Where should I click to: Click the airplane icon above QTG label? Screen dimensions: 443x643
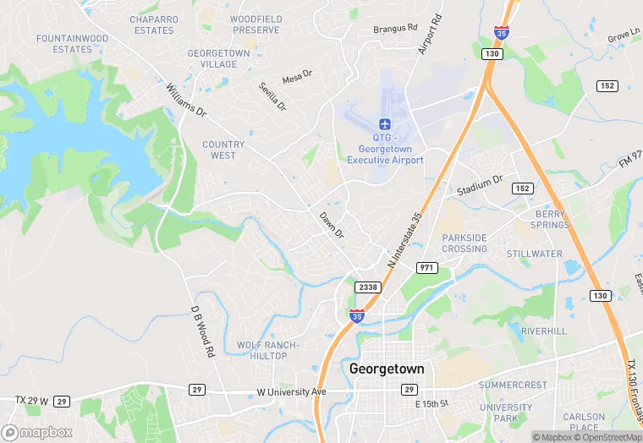click(385, 123)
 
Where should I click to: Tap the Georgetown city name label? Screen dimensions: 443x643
click(387, 369)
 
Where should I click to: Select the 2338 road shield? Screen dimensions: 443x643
click(368, 287)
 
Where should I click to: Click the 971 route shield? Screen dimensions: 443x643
click(427, 267)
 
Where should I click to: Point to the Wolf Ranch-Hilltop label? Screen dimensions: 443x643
click(268, 350)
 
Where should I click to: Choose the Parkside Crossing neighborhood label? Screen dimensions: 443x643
click(464, 243)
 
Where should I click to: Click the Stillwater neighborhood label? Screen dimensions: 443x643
click(534, 254)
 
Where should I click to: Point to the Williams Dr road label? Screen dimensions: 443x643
click(186, 98)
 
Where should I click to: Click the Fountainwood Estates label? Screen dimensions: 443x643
click(71, 43)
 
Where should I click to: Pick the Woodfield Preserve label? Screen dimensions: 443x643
click(256, 25)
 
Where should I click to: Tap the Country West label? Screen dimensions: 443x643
click(223, 150)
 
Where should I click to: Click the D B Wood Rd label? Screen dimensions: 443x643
click(201, 331)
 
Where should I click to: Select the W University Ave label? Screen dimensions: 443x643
click(291, 392)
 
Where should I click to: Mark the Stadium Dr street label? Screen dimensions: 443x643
click(480, 185)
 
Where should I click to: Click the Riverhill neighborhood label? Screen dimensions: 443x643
click(543, 331)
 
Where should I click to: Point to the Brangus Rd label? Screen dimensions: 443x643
click(396, 29)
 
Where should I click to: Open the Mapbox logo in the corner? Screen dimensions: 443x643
click(37, 432)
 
